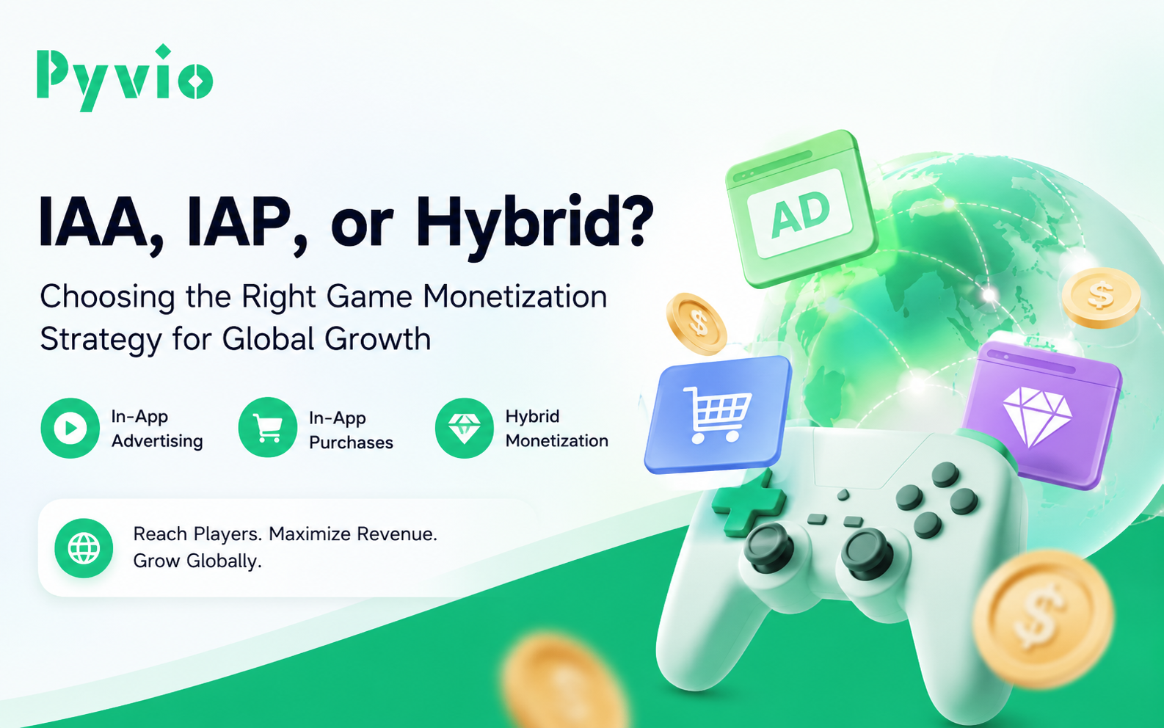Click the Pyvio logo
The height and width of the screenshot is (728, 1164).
point(125,78)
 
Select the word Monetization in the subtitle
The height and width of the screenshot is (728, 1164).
point(515,296)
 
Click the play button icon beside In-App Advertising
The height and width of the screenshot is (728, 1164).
point(70,428)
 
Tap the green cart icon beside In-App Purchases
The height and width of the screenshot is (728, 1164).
point(268,428)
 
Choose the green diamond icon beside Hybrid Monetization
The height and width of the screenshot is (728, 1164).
point(464,428)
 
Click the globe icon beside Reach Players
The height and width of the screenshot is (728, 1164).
point(84,548)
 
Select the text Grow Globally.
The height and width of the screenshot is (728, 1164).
point(197,561)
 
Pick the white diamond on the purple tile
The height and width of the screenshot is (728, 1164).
point(1037,415)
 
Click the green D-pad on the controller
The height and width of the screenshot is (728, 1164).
point(749,502)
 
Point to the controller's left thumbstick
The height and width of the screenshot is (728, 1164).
point(769,547)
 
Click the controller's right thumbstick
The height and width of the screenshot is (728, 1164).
point(867,553)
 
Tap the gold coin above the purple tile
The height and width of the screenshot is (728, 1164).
point(1101,297)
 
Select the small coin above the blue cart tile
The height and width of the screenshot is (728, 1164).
point(696,324)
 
